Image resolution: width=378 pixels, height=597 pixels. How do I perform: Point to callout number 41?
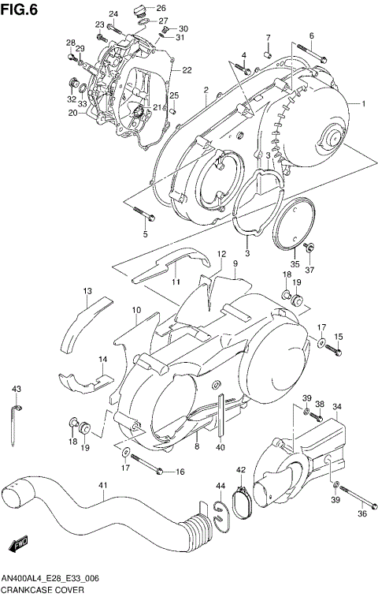[102, 485]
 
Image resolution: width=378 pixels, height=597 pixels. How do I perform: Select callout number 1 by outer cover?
[364, 104]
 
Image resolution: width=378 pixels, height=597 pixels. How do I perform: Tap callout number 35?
[295, 263]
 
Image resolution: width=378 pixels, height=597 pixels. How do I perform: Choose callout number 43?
[16, 390]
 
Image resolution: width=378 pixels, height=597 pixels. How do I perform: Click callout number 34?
[336, 407]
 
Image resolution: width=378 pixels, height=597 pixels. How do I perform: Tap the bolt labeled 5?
[143, 214]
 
